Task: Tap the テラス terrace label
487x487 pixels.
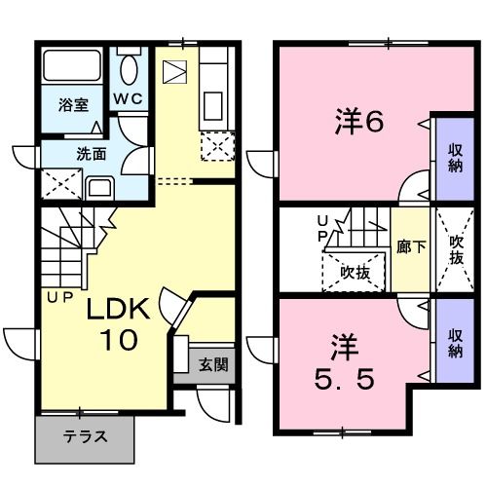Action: click(x=85, y=435)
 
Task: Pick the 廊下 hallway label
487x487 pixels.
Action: click(x=408, y=248)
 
